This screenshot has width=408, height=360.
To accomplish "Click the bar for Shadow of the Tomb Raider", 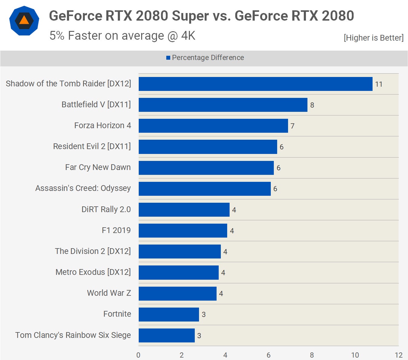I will pos(255,84).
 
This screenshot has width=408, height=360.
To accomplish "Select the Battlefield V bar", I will pos(223,105).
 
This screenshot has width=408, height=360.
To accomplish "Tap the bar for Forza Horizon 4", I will pos(213,126).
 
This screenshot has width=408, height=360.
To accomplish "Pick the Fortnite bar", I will pos(169,315).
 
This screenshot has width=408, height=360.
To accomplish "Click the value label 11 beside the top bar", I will pos(379,84).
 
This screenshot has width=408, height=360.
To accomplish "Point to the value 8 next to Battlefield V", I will pos(312,105).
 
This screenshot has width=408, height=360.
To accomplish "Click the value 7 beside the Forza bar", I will pos(292,126).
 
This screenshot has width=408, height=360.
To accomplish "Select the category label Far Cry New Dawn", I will pos(98,167).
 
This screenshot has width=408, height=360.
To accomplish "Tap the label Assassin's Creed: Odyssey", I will pos(83,188).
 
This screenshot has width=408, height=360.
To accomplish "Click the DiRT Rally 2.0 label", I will pos(106,209).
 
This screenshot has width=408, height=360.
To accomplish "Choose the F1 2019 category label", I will pos(116,230).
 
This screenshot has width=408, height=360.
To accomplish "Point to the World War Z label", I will pos(109,293).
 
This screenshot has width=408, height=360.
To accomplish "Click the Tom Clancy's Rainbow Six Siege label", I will pos(73,335).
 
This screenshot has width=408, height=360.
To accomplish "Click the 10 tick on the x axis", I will pos(355,355).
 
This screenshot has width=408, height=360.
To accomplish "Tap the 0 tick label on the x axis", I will pos(138,355).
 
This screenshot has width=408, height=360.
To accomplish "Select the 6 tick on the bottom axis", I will pos(268,355).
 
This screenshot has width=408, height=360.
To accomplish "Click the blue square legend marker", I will pos(168,58).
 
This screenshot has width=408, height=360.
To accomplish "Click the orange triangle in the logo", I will pos(24,21).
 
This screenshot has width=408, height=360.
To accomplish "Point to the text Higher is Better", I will pos(373,38).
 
